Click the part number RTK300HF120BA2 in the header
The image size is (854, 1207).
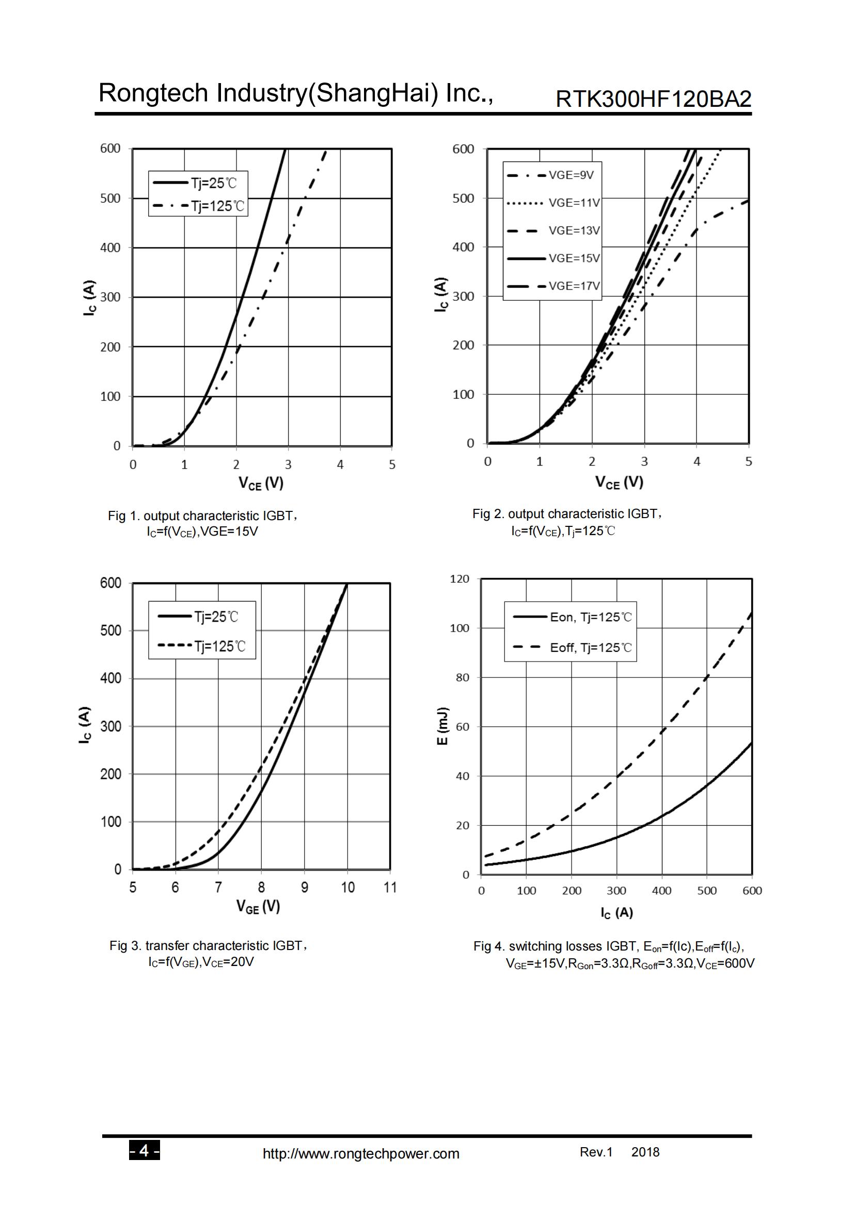(x=653, y=99)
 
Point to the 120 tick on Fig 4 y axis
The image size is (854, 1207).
(x=460, y=579)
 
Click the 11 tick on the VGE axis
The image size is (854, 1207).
(x=390, y=888)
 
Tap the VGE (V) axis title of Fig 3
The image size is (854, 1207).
(x=258, y=906)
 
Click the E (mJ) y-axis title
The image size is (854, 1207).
(x=443, y=726)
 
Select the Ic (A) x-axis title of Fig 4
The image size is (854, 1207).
(x=617, y=913)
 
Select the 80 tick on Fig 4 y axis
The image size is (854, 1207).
(x=462, y=678)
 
